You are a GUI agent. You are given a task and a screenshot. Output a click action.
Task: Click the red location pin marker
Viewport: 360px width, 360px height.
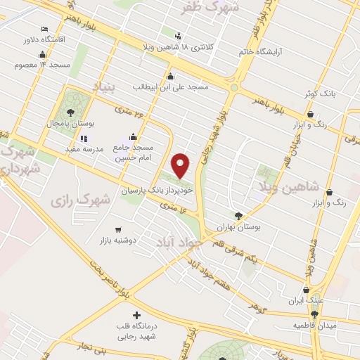tap(181, 165)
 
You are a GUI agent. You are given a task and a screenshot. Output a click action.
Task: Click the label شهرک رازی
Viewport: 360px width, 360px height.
tap(80, 200)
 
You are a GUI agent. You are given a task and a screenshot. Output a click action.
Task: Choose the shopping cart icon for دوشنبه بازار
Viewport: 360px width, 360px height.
tap(117, 229)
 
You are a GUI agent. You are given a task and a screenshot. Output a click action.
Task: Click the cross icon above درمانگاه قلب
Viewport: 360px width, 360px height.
tap(136, 315)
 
